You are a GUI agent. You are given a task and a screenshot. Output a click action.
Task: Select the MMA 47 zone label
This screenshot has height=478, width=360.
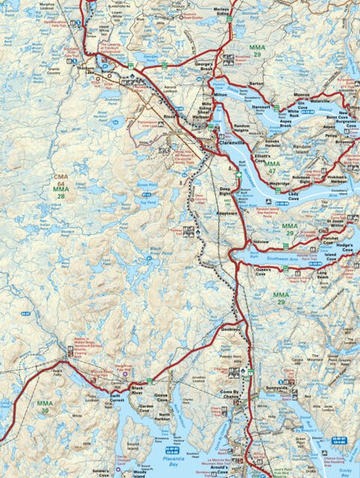(271, 167)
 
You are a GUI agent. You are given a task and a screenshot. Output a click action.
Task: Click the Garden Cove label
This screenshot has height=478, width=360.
(144, 409)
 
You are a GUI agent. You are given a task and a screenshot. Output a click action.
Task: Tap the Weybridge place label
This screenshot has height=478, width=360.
(280, 182)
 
